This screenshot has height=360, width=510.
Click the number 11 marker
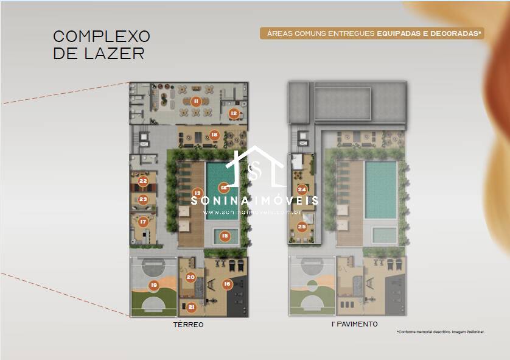[196, 102]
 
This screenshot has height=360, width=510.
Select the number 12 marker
[234, 113]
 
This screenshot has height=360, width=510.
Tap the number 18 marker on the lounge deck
[214, 135]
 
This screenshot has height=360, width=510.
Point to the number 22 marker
[143, 181]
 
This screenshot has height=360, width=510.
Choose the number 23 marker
[143, 199]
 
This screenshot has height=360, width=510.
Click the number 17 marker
[143, 222]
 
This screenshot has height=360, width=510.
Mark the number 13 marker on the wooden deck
[197, 192]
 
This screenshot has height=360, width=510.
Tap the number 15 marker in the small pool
[225, 236]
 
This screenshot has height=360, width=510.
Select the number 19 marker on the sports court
[153, 284]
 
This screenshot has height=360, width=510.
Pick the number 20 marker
[190, 277]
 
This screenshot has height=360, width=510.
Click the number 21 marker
[190, 306]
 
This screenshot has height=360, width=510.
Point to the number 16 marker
[227, 283]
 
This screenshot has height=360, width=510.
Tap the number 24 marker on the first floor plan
[301, 189]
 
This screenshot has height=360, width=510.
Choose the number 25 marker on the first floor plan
[301, 226]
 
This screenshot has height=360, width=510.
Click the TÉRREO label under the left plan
[188, 325]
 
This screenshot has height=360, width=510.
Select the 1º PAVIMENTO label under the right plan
[354, 324]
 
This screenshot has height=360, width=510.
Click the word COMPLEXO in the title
[102, 37]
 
